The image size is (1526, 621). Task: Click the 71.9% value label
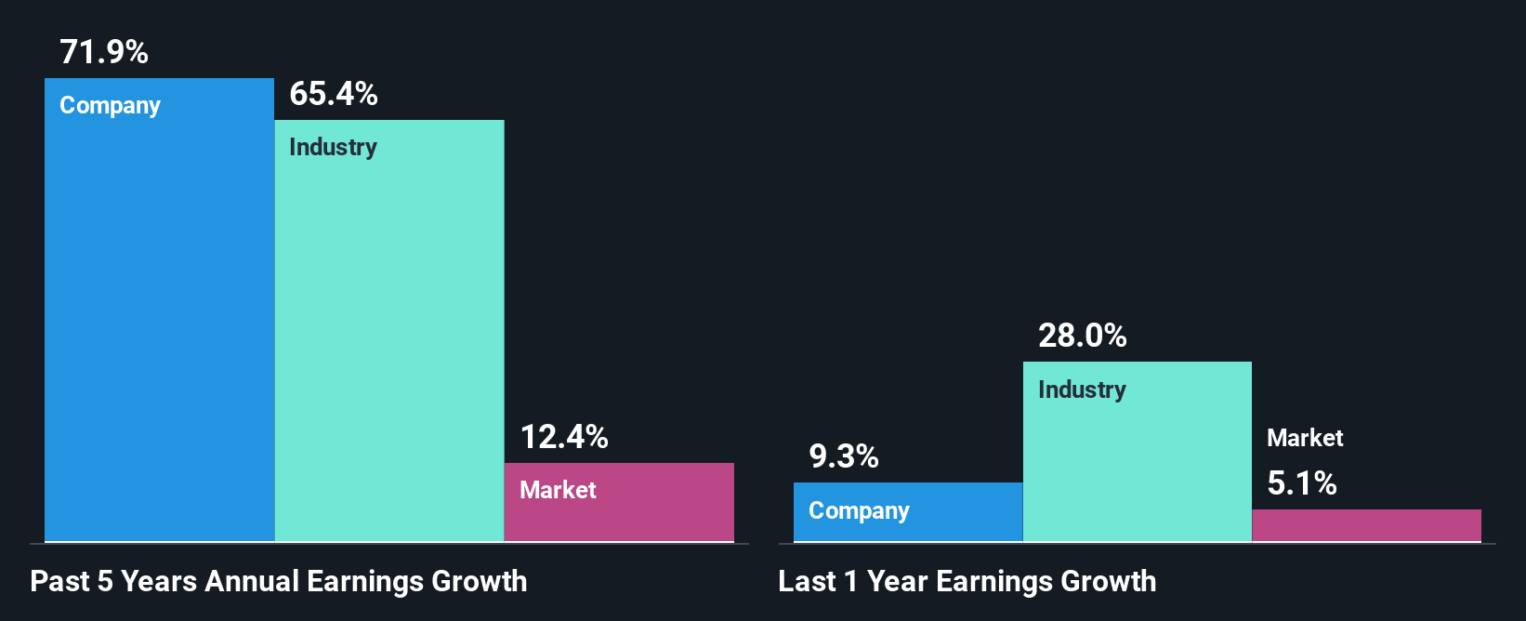point(104,52)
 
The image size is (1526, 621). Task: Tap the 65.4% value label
point(334,94)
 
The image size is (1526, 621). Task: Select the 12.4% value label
point(564,437)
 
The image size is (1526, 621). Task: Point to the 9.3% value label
point(844,456)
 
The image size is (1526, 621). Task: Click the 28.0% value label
point(1083,336)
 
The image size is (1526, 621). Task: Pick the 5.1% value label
point(1302,483)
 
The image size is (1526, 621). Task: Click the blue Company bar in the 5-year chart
point(159,325)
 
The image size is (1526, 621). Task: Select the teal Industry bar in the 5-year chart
point(389,344)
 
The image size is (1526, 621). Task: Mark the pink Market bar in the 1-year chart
point(1366,525)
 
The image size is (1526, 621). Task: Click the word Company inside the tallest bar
point(110,106)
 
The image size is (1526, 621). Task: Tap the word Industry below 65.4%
point(333,148)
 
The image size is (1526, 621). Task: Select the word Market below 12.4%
point(558,490)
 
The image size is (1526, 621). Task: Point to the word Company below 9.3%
point(859,511)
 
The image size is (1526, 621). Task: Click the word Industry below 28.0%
point(1082,390)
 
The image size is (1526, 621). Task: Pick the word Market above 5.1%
point(1305,438)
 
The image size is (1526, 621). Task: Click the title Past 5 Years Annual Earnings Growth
point(279,582)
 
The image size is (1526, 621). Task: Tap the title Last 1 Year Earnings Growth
point(967,582)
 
